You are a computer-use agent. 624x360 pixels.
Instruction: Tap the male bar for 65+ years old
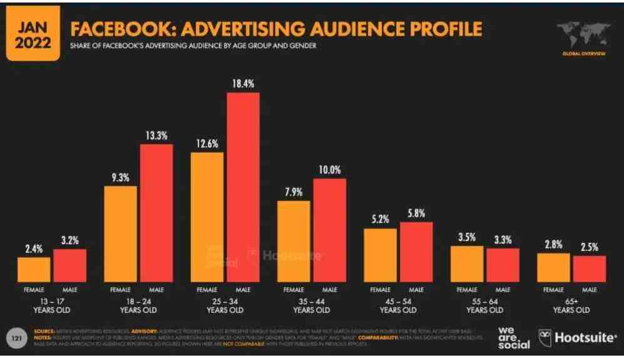coord(590,269)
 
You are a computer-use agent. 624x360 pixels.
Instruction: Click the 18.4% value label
coord(243,84)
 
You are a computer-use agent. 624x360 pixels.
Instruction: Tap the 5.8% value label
coord(416,213)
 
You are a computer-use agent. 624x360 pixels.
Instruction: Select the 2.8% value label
coord(553,244)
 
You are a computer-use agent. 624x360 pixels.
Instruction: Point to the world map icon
coord(583,33)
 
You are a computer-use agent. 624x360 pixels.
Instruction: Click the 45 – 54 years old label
coord(398,305)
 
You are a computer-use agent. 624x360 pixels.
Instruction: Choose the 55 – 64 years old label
coord(484,305)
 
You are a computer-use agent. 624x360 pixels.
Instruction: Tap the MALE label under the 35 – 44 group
coord(330,290)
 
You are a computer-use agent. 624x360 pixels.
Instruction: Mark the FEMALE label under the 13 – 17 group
coord(34,290)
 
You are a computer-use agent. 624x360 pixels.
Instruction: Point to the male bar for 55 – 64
coord(503,265)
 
